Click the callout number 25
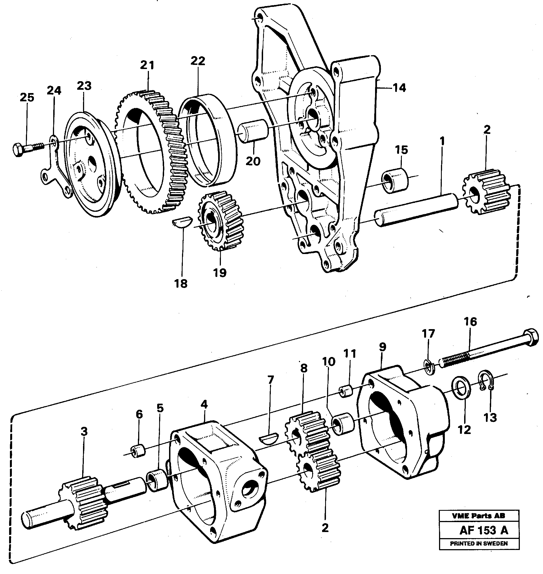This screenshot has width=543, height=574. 27,97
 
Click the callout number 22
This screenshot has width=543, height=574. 198,61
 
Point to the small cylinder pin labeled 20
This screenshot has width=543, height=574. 253,131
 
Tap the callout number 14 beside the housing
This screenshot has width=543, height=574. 399,88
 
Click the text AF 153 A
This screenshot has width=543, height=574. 483,530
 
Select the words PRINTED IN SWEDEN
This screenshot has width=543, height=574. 479,543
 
